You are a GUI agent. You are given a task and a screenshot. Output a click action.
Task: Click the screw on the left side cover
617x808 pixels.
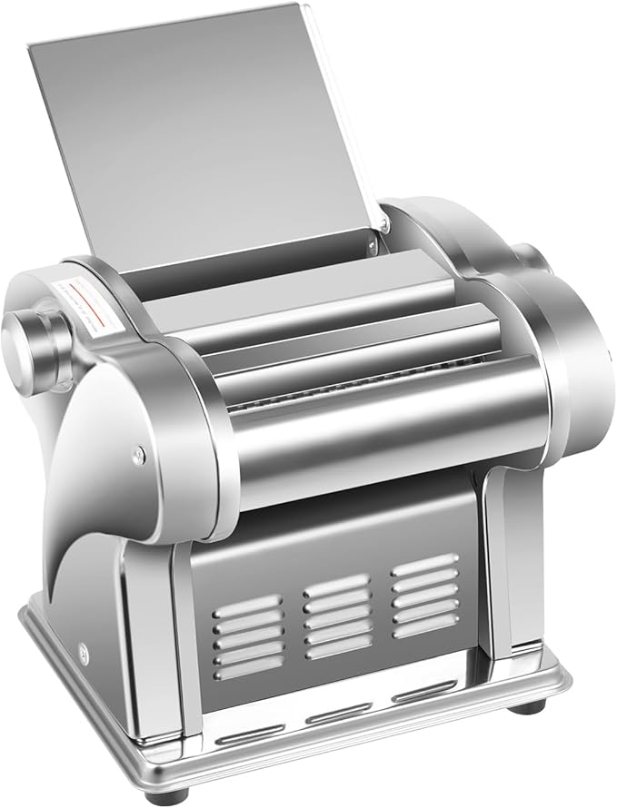tap(138, 451)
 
